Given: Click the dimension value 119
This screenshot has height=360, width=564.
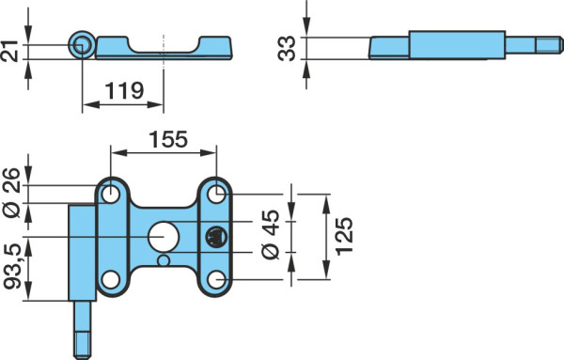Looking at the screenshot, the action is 124,90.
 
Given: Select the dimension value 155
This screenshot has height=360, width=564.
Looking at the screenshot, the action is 168,139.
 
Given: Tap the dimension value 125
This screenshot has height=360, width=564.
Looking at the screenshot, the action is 344,236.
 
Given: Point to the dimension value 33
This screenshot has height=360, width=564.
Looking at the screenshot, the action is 287,49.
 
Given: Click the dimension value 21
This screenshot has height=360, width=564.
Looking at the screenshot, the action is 9,52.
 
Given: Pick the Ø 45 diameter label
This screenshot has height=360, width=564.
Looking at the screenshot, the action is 271,234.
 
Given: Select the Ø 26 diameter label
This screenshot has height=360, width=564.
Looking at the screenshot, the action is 11,193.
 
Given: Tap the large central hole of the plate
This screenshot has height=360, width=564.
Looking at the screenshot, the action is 164,237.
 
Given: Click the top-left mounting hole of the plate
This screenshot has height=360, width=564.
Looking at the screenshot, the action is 111,195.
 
